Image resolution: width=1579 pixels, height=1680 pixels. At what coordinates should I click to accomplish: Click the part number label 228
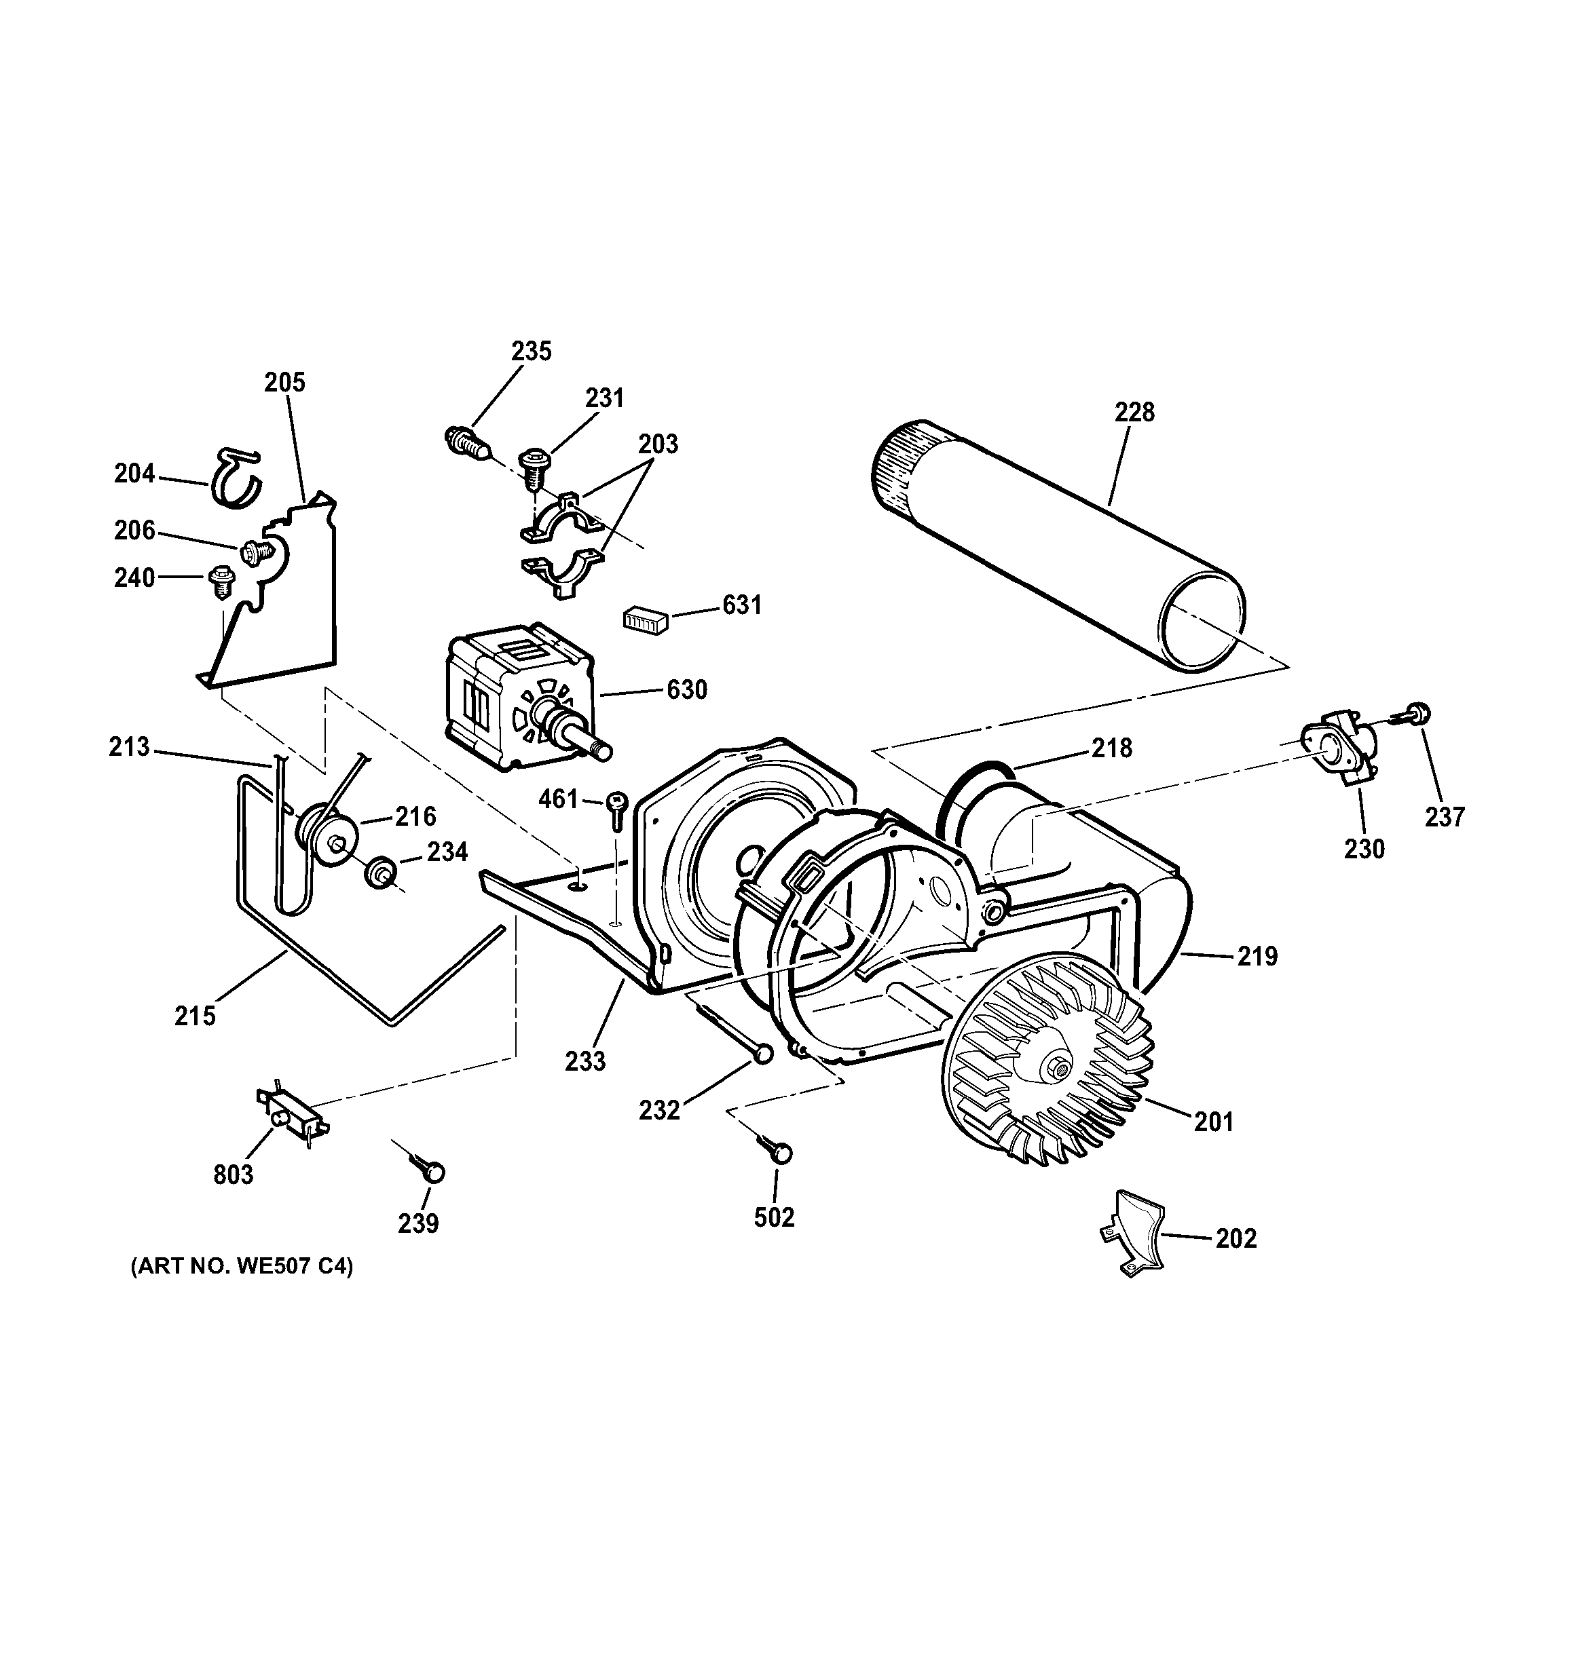click(x=1134, y=413)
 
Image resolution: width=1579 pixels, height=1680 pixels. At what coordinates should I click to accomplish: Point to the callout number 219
click(x=1257, y=957)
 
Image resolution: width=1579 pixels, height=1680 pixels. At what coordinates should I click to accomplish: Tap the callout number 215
click(x=196, y=1016)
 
